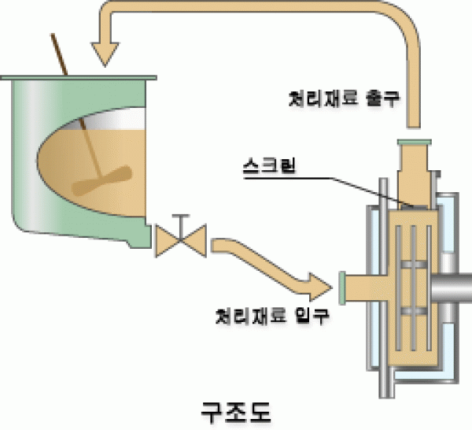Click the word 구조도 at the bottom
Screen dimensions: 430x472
click(235, 410)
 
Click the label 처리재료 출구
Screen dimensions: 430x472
click(341, 100)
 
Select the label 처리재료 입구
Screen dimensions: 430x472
click(272, 317)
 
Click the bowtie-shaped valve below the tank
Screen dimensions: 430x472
click(180, 239)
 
